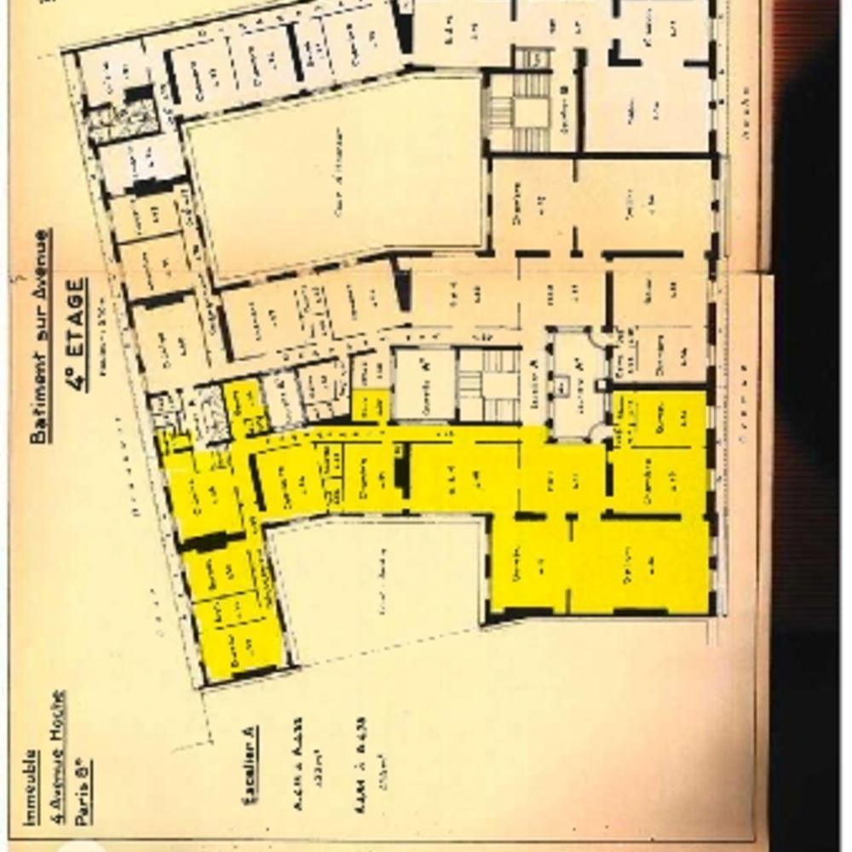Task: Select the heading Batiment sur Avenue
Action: pos(39,336)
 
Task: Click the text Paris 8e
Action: pos(83,788)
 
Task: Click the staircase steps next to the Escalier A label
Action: pos(488,385)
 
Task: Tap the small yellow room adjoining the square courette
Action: pos(371,405)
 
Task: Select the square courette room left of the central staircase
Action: pos(423,383)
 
